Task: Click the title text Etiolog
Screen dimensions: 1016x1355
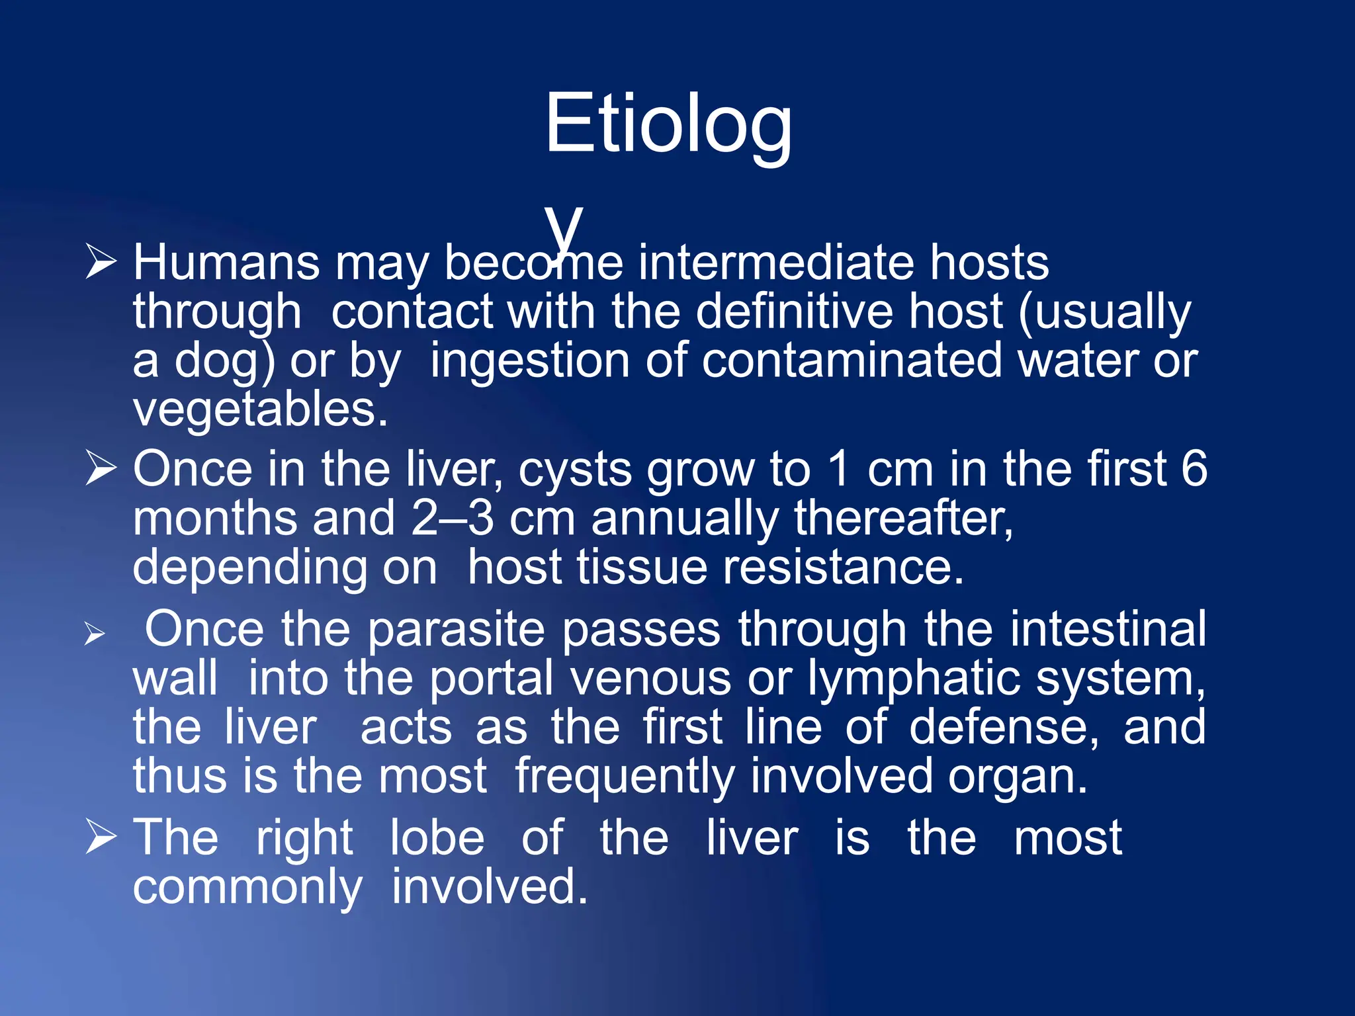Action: [x=668, y=124]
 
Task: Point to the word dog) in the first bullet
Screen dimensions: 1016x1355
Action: [x=224, y=362]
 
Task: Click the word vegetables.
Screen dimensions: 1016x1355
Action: [x=260, y=410]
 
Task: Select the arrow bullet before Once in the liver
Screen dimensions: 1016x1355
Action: [x=101, y=469]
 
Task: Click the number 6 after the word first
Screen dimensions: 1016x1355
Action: [x=1194, y=469]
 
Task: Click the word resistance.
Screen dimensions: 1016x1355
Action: [x=843, y=568]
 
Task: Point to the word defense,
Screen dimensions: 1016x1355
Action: [x=1004, y=727]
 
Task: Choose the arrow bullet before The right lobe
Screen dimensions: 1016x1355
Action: [x=101, y=837]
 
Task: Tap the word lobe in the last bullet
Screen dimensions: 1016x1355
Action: [x=437, y=838]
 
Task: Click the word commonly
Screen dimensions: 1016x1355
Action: [x=247, y=888]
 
